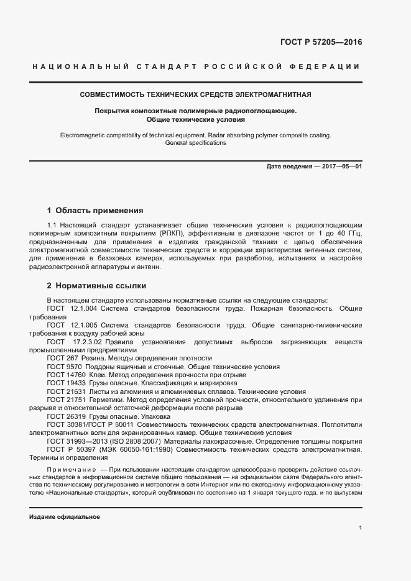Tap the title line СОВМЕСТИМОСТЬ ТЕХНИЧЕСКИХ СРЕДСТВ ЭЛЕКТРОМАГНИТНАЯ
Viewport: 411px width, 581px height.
pyautogui.click(x=196, y=95)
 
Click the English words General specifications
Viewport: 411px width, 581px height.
pyautogui.click(x=196, y=143)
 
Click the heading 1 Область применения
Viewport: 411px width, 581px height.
pyautogui.click(x=95, y=211)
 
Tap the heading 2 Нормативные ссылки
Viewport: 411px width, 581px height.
pyautogui.click(x=96, y=286)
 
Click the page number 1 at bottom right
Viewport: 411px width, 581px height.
pyautogui.click(x=361, y=528)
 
